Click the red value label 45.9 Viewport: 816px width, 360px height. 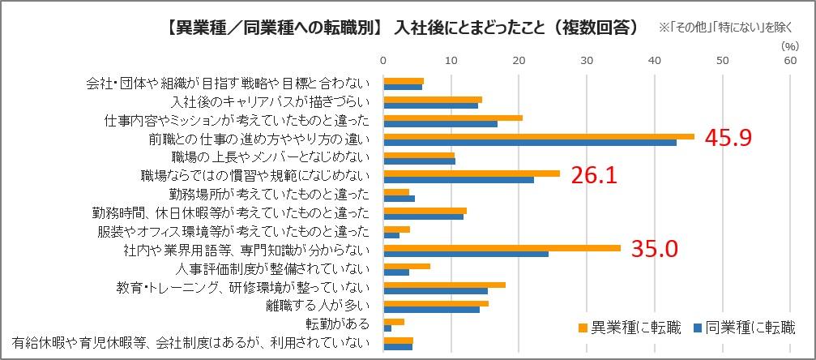click(x=729, y=138)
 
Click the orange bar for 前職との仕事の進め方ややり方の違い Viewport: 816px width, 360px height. click(x=538, y=136)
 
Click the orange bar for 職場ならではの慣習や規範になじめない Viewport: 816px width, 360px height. click(x=471, y=173)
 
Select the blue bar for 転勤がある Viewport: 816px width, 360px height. click(x=387, y=328)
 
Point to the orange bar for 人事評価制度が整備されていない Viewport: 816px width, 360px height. click(x=406, y=266)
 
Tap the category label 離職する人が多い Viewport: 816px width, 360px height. click(x=322, y=306)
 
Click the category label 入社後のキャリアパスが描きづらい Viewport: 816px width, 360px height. click(x=271, y=102)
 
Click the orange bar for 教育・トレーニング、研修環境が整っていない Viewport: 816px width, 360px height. click(x=444, y=285)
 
